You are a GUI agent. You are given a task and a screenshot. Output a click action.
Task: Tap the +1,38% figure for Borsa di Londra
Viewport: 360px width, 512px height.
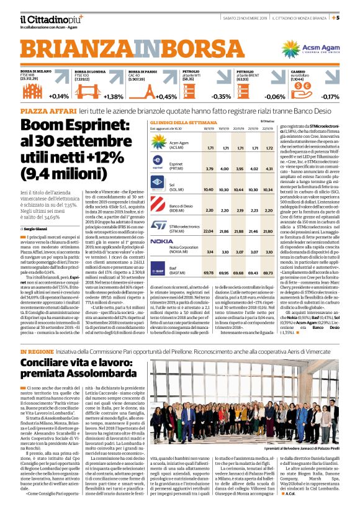click(114, 97)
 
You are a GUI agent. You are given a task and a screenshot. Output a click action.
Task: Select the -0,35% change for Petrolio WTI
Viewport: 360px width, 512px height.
click(221, 97)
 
